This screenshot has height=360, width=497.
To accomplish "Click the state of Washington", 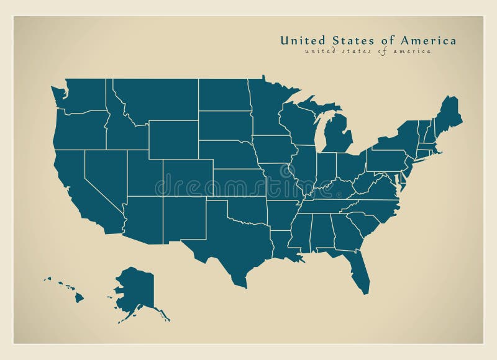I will coord(84,96).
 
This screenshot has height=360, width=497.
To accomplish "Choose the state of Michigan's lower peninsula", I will coord(336,137).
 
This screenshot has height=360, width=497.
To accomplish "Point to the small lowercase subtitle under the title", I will coord(367,52).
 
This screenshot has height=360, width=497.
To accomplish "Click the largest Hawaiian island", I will coord(79,297).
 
